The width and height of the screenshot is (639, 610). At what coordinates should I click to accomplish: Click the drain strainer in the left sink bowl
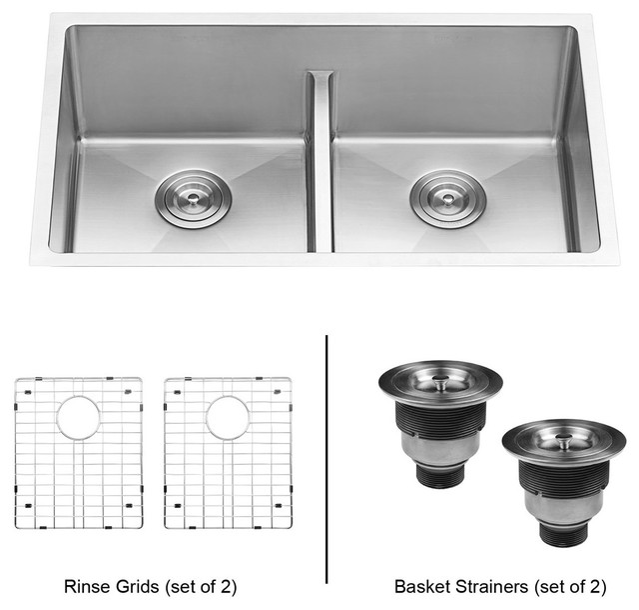[x=193, y=198]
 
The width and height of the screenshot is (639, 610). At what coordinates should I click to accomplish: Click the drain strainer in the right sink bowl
[x=448, y=198]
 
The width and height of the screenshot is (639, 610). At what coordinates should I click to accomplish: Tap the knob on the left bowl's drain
[x=193, y=198]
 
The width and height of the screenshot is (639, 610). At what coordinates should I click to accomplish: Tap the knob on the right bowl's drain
[x=448, y=198]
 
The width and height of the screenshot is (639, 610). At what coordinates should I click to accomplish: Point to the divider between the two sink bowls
[x=321, y=162]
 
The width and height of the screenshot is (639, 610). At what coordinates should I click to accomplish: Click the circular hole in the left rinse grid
[x=79, y=418]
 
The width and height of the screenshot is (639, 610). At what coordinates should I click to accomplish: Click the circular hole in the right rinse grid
[x=228, y=418]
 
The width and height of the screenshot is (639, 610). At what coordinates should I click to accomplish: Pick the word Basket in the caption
[x=422, y=587]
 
